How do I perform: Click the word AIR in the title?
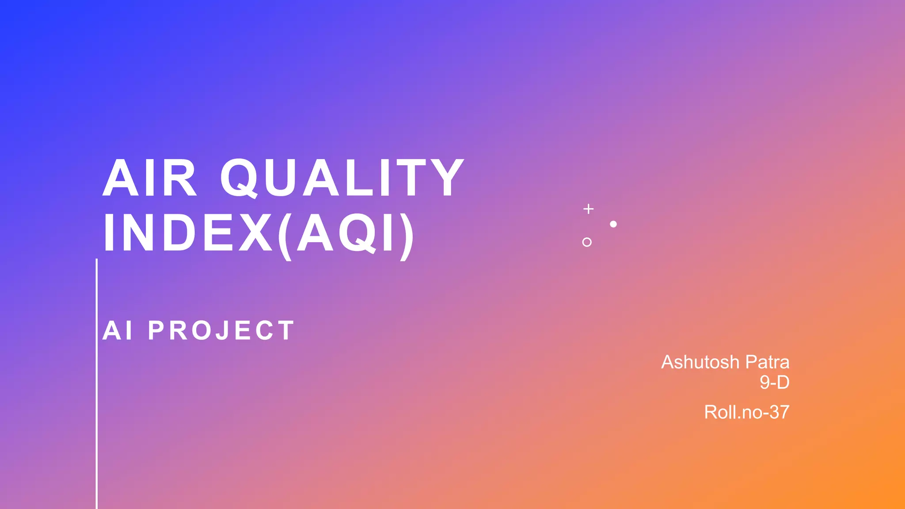(x=149, y=178)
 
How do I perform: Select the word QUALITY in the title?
(x=342, y=178)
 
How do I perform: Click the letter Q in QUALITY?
(x=239, y=178)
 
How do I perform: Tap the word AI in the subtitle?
(x=118, y=330)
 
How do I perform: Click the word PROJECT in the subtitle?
(x=221, y=330)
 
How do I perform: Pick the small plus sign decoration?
(x=589, y=209)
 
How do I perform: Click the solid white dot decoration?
(x=613, y=224)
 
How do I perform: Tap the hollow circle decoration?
(x=587, y=242)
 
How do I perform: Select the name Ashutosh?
(x=700, y=362)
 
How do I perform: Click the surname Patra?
(x=767, y=362)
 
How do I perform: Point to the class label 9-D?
(x=774, y=382)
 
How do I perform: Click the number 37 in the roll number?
(x=779, y=412)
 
